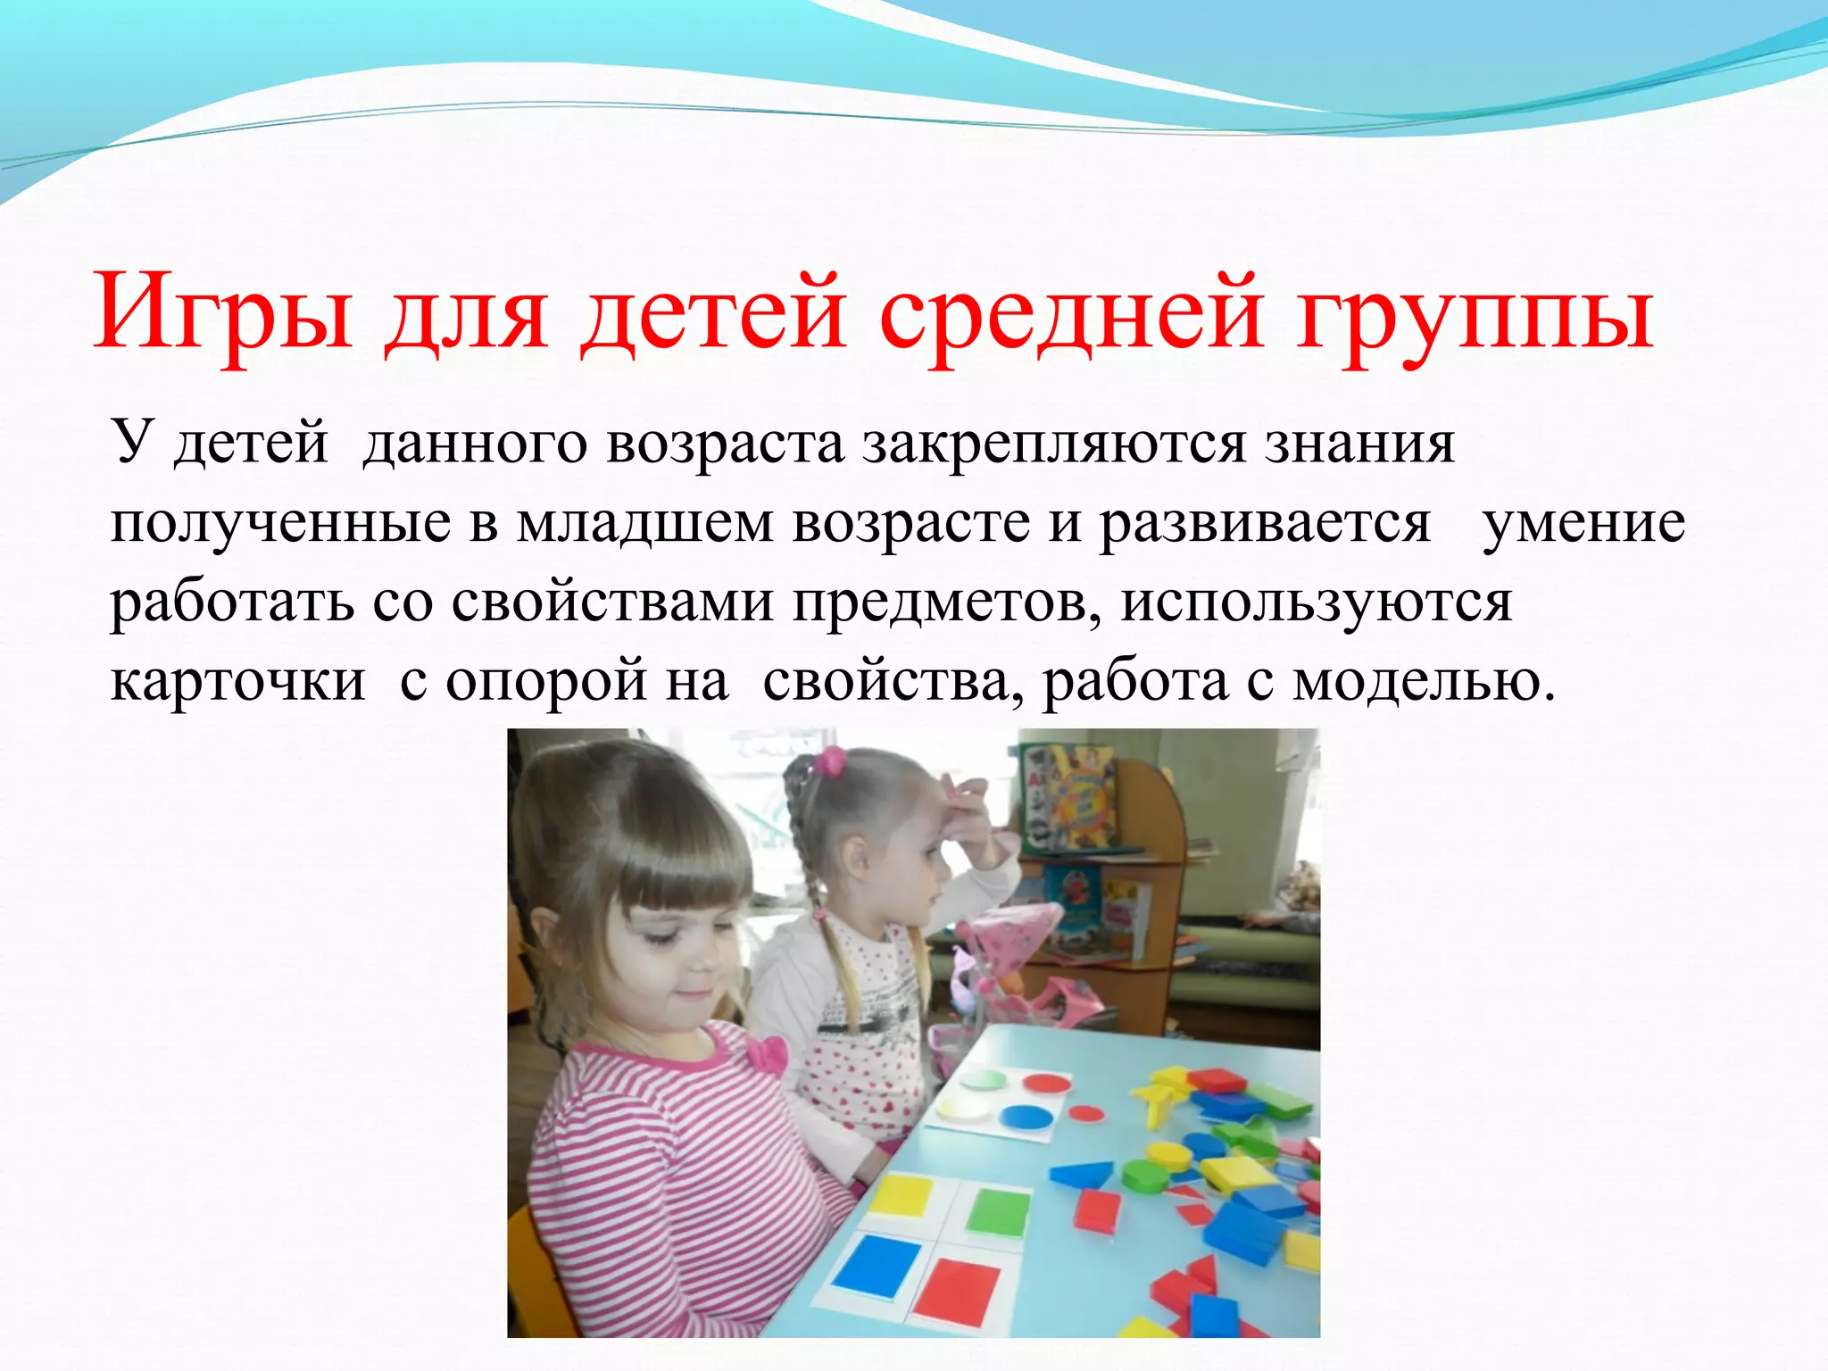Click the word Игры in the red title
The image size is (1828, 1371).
point(223,317)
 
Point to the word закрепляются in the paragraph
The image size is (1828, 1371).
point(1053,444)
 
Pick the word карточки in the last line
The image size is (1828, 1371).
point(237,682)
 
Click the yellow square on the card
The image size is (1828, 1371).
point(902,1193)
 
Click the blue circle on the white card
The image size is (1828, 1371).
point(1026,1117)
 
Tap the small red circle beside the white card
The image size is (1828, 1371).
point(1086,1113)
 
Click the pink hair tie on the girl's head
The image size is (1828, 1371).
point(831,760)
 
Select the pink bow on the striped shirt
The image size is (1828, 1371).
point(766,1056)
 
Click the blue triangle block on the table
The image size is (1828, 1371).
point(1082,1174)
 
